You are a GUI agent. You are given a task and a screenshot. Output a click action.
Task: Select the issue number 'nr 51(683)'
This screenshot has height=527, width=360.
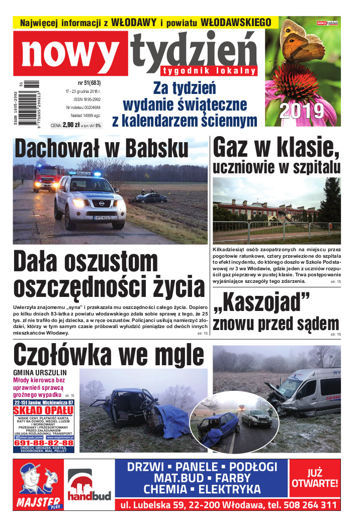[x=89, y=82]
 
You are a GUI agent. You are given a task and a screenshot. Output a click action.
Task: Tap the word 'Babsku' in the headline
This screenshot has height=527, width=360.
[x=156, y=149]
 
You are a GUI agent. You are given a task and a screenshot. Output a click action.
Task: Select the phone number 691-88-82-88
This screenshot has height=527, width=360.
[x=44, y=443]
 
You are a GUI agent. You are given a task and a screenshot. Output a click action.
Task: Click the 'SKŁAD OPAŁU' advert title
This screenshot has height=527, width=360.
[x=44, y=410]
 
